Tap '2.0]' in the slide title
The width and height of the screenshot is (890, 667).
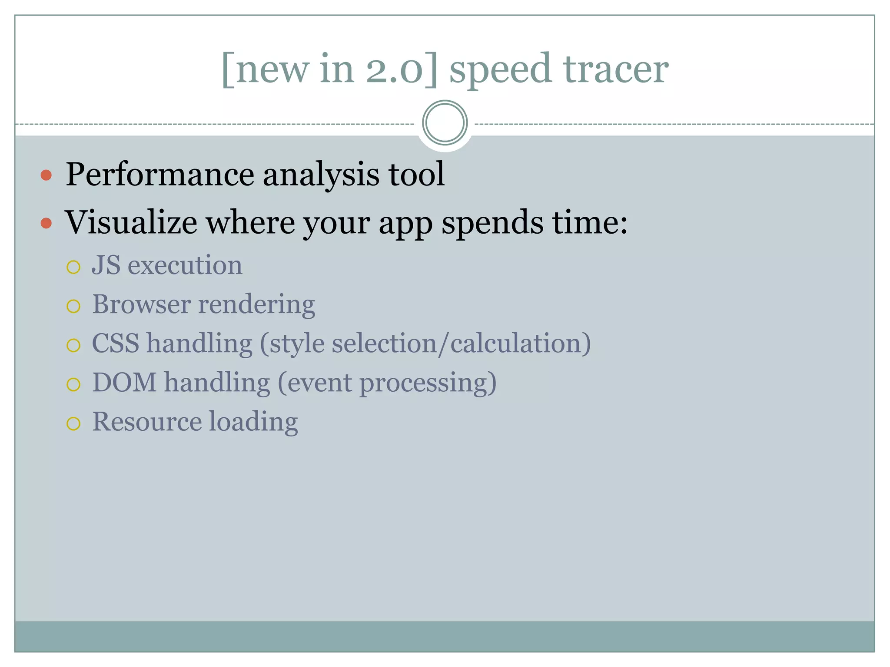[x=402, y=69]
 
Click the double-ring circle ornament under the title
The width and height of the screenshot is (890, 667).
[x=445, y=123]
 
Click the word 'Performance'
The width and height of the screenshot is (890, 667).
[x=159, y=175]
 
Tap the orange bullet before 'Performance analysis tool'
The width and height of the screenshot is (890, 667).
[x=46, y=175]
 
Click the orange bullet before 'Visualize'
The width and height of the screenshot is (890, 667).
[x=46, y=224]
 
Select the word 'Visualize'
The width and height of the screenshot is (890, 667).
[x=131, y=222]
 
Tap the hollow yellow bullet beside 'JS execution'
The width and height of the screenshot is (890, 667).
[x=73, y=267]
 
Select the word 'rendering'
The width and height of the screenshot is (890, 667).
[x=256, y=305]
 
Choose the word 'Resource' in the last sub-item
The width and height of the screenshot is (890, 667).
[x=147, y=422]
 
